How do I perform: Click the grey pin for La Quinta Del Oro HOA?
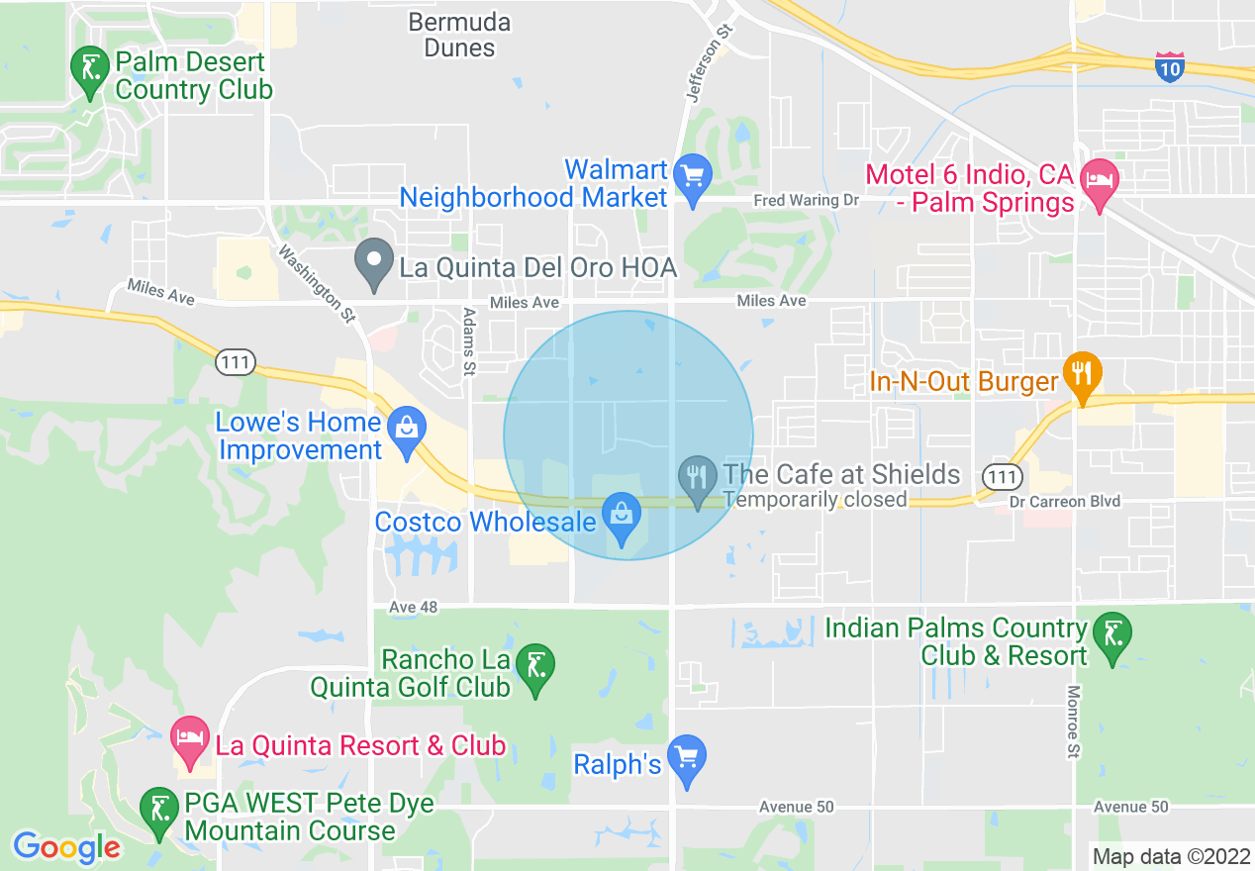click(x=374, y=263)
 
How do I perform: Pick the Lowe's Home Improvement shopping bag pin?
click(x=406, y=432)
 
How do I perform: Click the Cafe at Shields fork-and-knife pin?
click(x=699, y=480)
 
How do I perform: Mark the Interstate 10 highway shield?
click(x=1170, y=67)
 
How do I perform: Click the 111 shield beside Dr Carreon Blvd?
click(x=1004, y=477)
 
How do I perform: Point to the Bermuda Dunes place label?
click(x=460, y=35)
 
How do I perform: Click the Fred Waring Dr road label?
click(x=806, y=200)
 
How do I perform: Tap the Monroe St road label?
click(x=1073, y=723)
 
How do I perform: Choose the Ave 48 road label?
click(x=414, y=606)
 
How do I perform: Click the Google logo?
click(x=66, y=847)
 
